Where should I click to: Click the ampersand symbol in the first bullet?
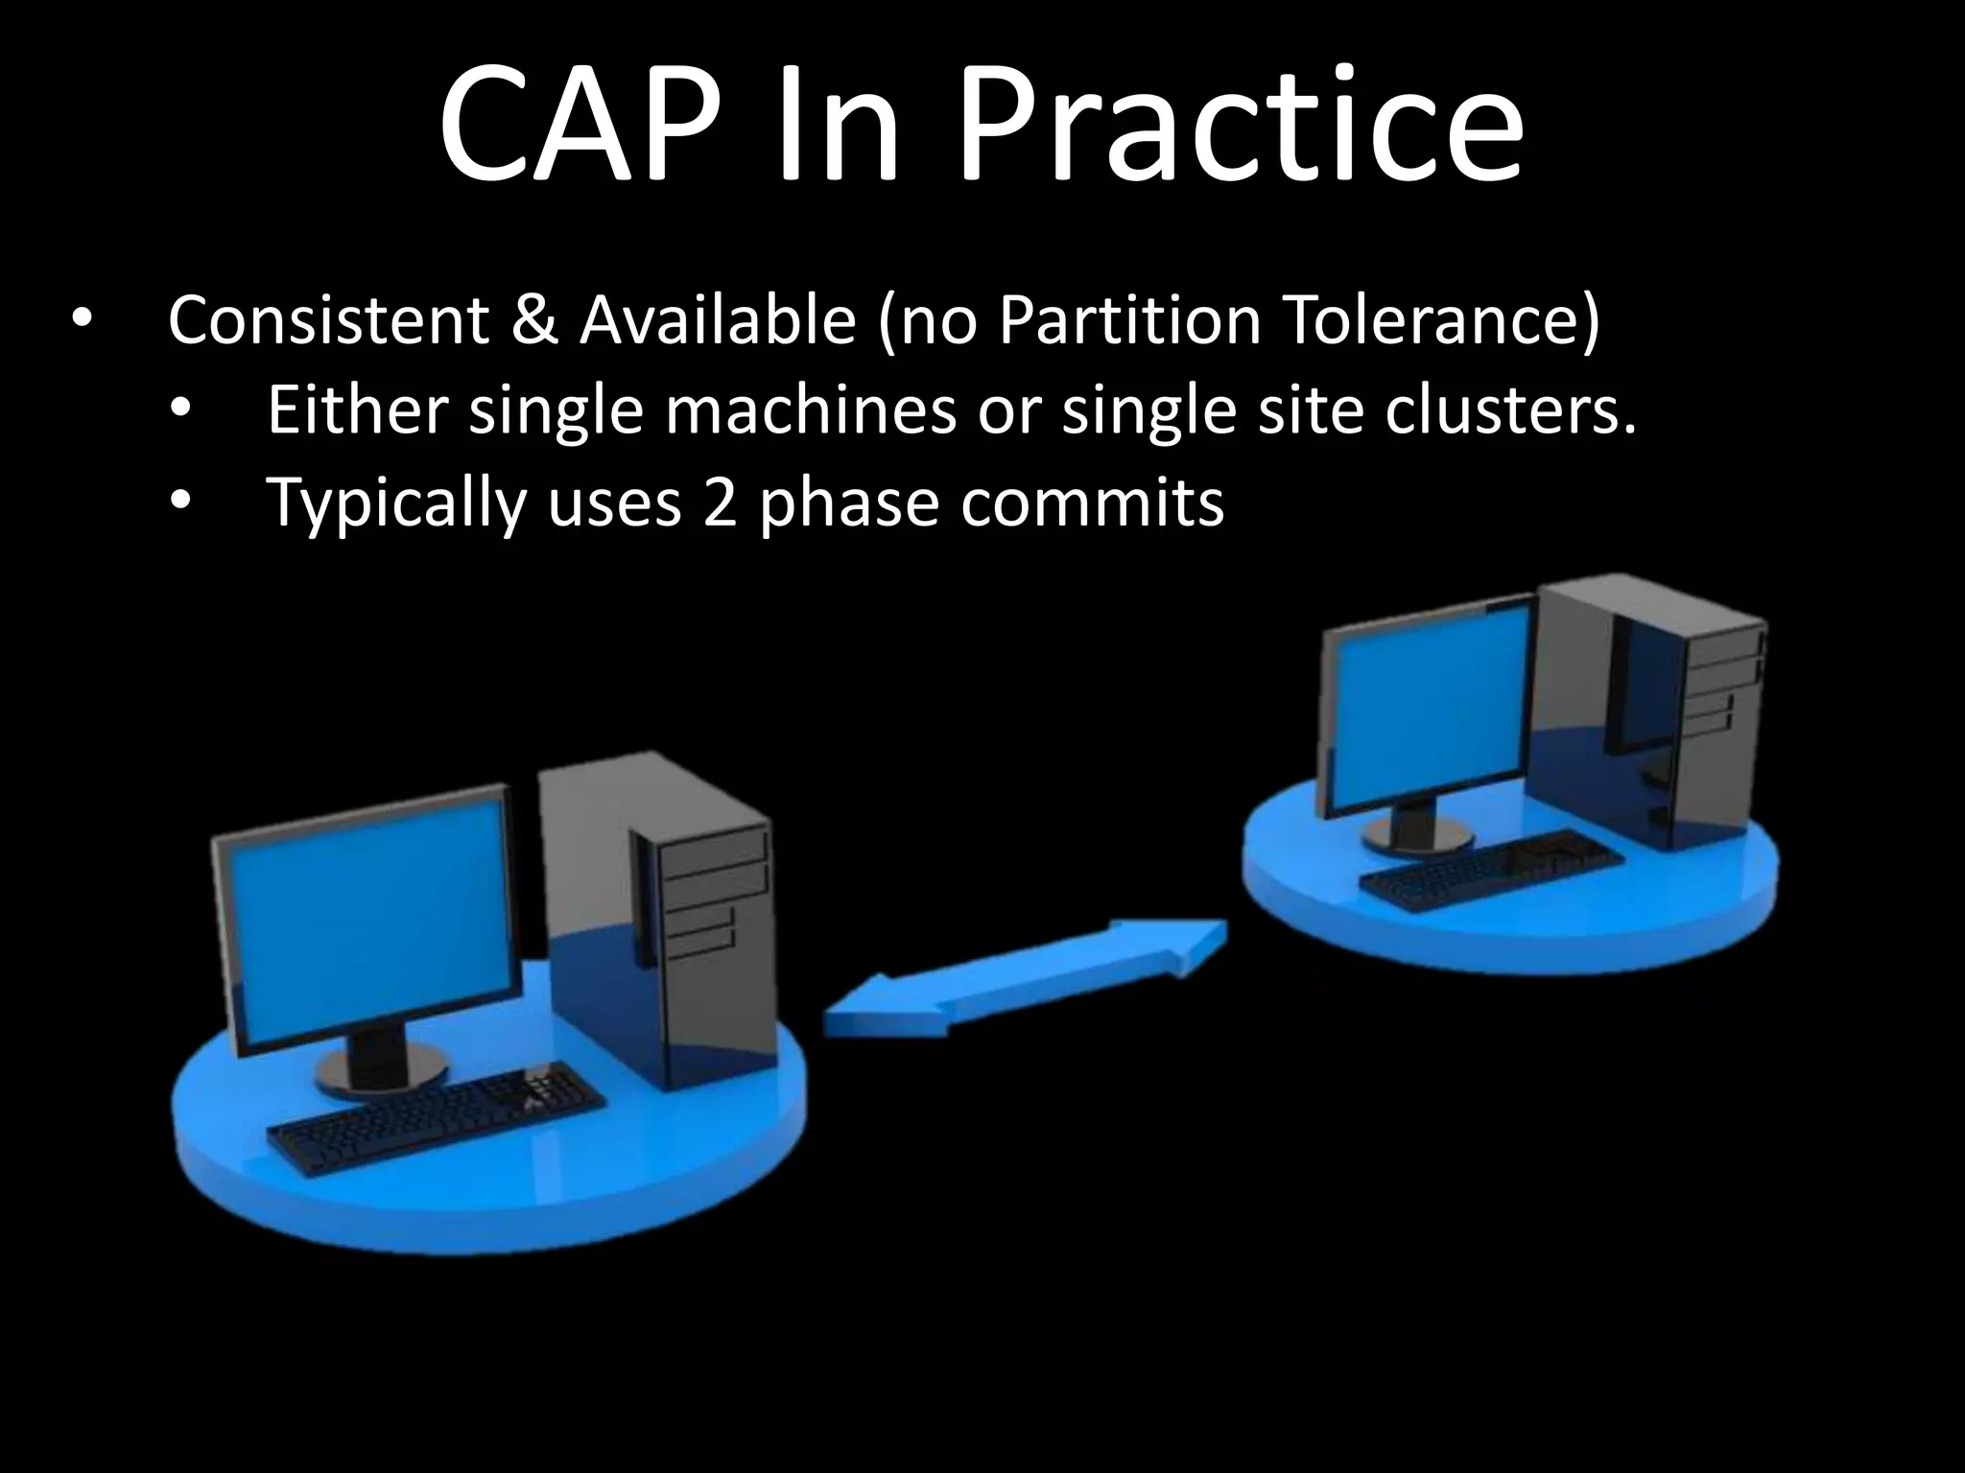533,320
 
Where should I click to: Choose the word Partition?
1128,320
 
